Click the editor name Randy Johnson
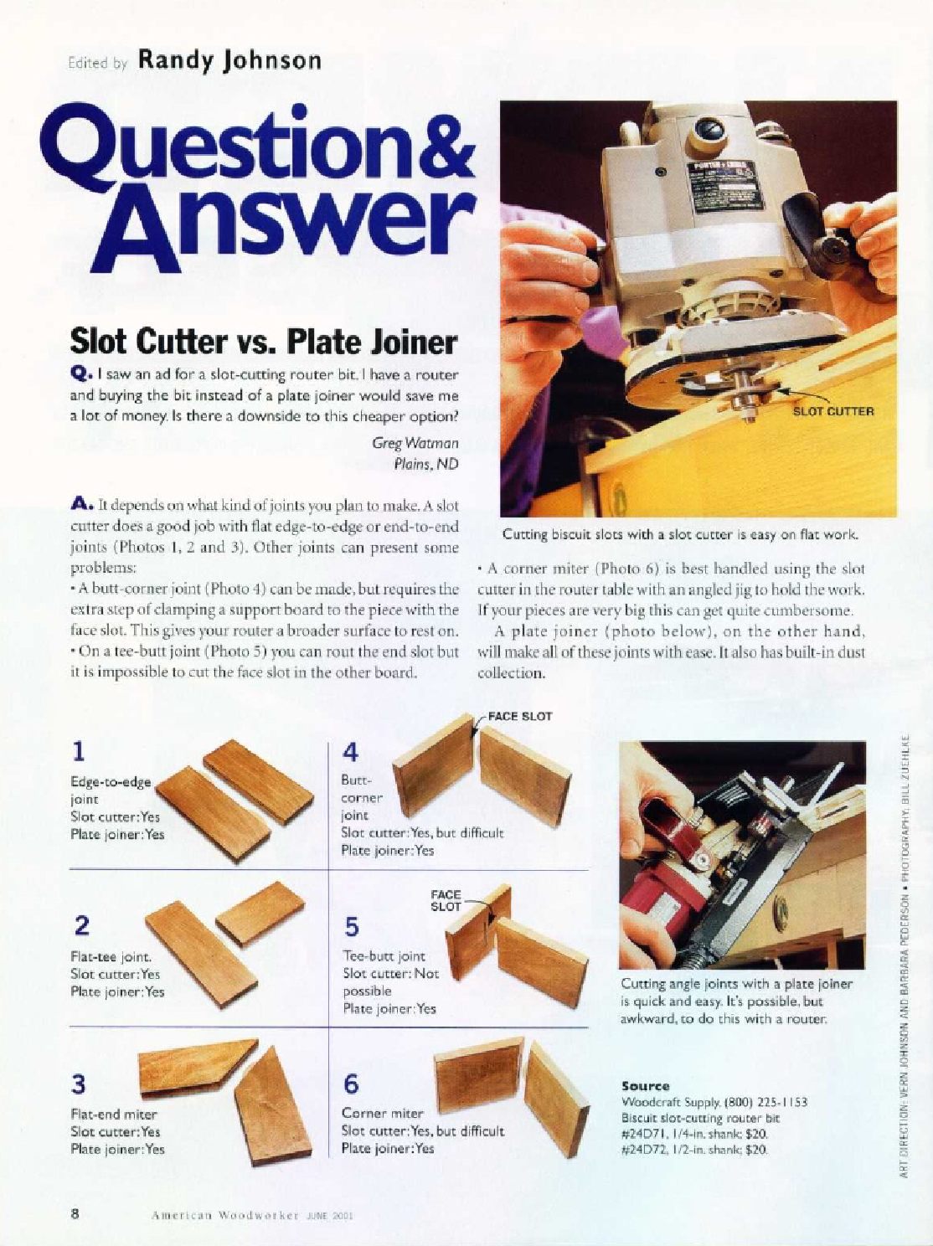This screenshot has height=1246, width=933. coord(229,61)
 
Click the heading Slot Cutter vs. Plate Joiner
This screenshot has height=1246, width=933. coord(263,342)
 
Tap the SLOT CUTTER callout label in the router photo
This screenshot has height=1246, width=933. coord(833,411)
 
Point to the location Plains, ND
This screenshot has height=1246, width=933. coord(426,464)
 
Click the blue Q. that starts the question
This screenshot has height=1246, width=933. coord(79,374)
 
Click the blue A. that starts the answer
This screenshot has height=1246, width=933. coord(80,504)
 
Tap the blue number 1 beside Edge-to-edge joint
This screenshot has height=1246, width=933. coord(79,752)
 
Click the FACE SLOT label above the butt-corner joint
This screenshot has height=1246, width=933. coord(520,716)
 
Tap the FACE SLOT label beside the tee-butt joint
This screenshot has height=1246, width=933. coord(446,901)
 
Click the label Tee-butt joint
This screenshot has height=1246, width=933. coord(384,957)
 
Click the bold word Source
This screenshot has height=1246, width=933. coord(646,1087)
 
